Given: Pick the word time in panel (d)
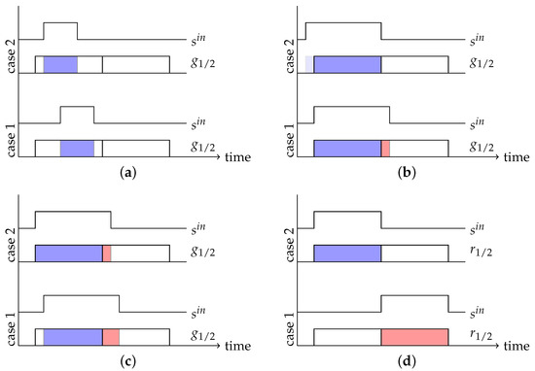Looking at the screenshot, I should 516,343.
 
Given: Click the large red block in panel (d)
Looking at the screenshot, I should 414,336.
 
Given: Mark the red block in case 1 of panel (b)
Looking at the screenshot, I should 385,149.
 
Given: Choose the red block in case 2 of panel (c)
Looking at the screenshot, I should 106,253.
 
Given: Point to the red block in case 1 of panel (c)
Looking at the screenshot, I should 110,336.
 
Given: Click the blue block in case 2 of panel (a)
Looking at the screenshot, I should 60,65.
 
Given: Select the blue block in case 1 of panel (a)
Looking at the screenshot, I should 77,149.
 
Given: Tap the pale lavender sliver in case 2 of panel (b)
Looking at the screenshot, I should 309,65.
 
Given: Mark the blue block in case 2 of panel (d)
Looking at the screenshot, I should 347,253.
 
